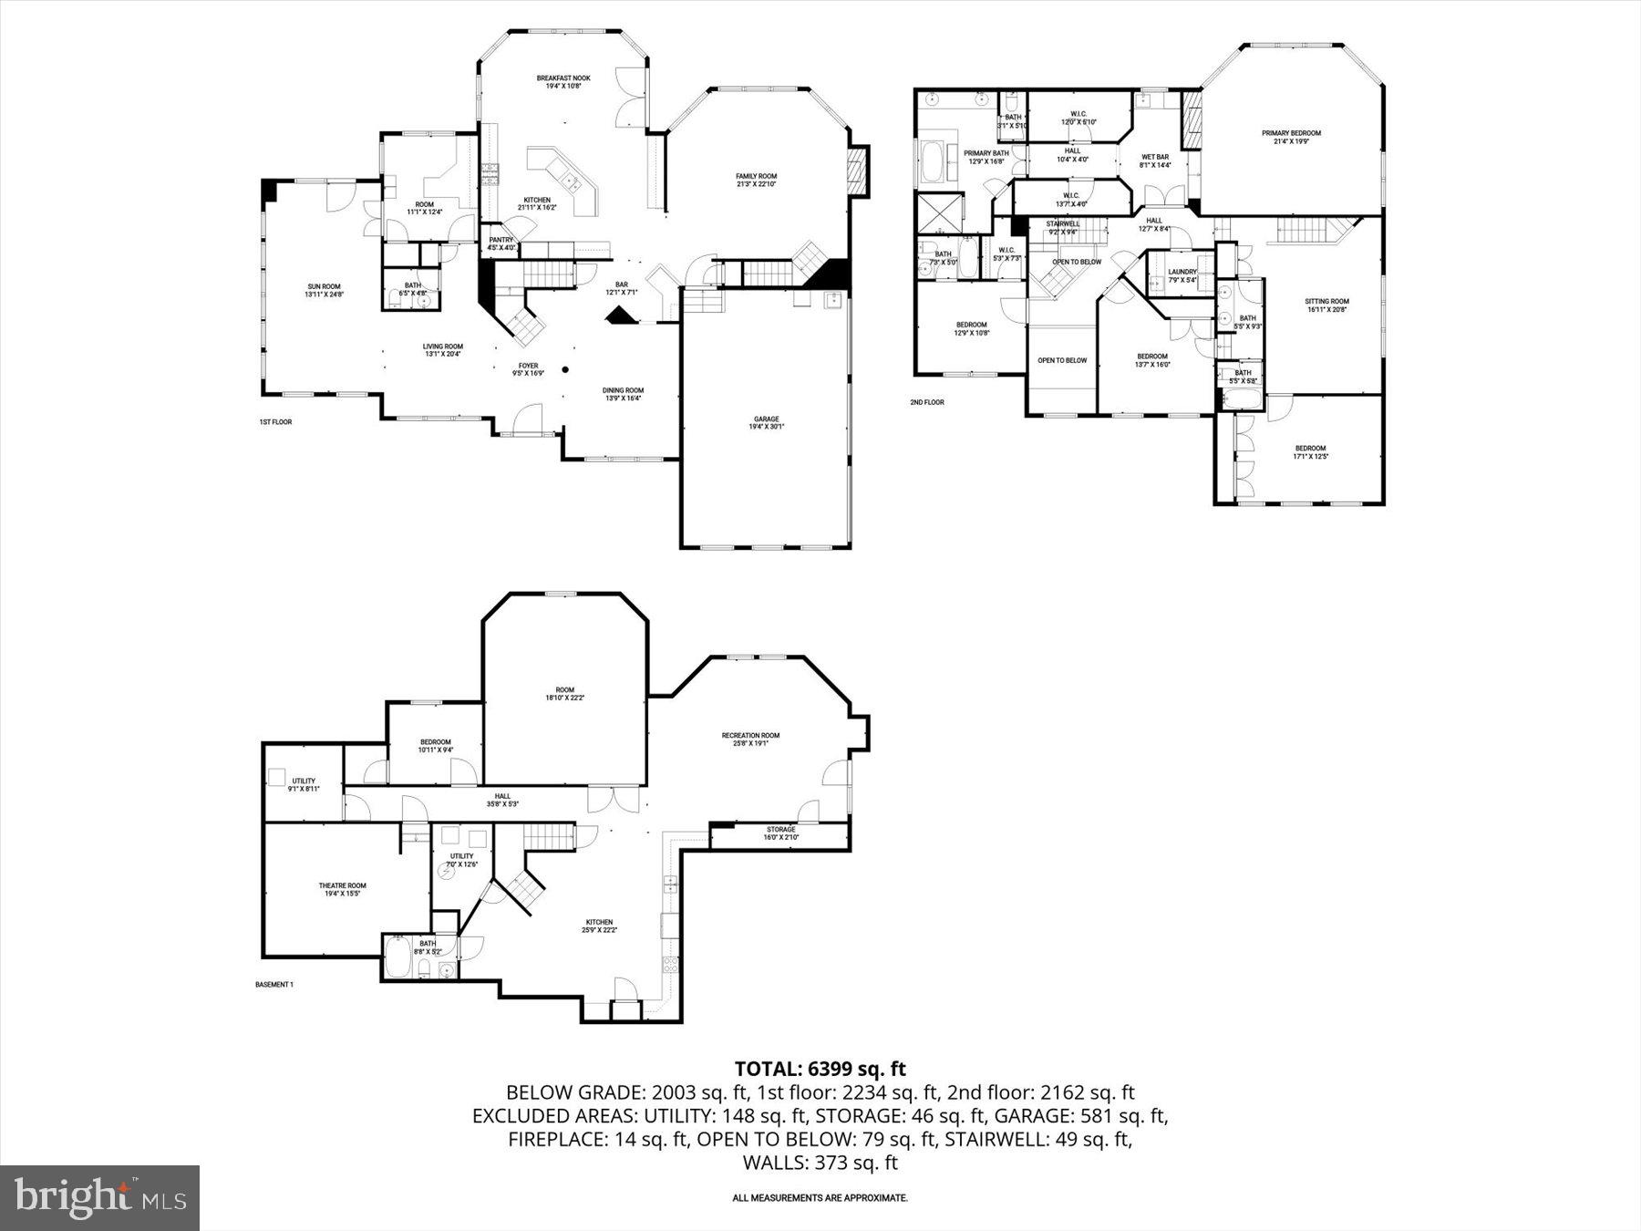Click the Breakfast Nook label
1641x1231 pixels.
click(x=562, y=78)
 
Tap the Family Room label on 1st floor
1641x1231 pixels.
click(x=757, y=177)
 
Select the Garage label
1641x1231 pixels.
click(x=766, y=419)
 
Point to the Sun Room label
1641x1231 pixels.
click(x=324, y=286)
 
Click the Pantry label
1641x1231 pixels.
click(x=501, y=240)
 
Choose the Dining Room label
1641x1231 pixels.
click(x=623, y=390)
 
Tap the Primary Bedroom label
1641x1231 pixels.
click(x=1291, y=133)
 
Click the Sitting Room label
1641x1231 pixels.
click(x=1326, y=302)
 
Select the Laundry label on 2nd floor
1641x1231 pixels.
click(x=1182, y=272)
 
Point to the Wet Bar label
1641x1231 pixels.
click(x=1155, y=157)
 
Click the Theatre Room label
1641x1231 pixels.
click(x=342, y=885)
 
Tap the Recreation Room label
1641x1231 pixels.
click(x=750, y=736)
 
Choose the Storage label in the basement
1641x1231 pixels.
click(x=780, y=830)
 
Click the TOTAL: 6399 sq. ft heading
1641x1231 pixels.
click(x=820, y=1069)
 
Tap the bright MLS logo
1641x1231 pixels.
click(x=99, y=1197)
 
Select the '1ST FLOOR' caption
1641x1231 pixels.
click(x=275, y=422)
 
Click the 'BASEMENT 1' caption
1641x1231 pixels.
click(x=273, y=985)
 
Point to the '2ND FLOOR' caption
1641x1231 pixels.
click(x=926, y=402)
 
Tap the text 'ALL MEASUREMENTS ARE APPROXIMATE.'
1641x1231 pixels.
click(x=820, y=1198)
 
